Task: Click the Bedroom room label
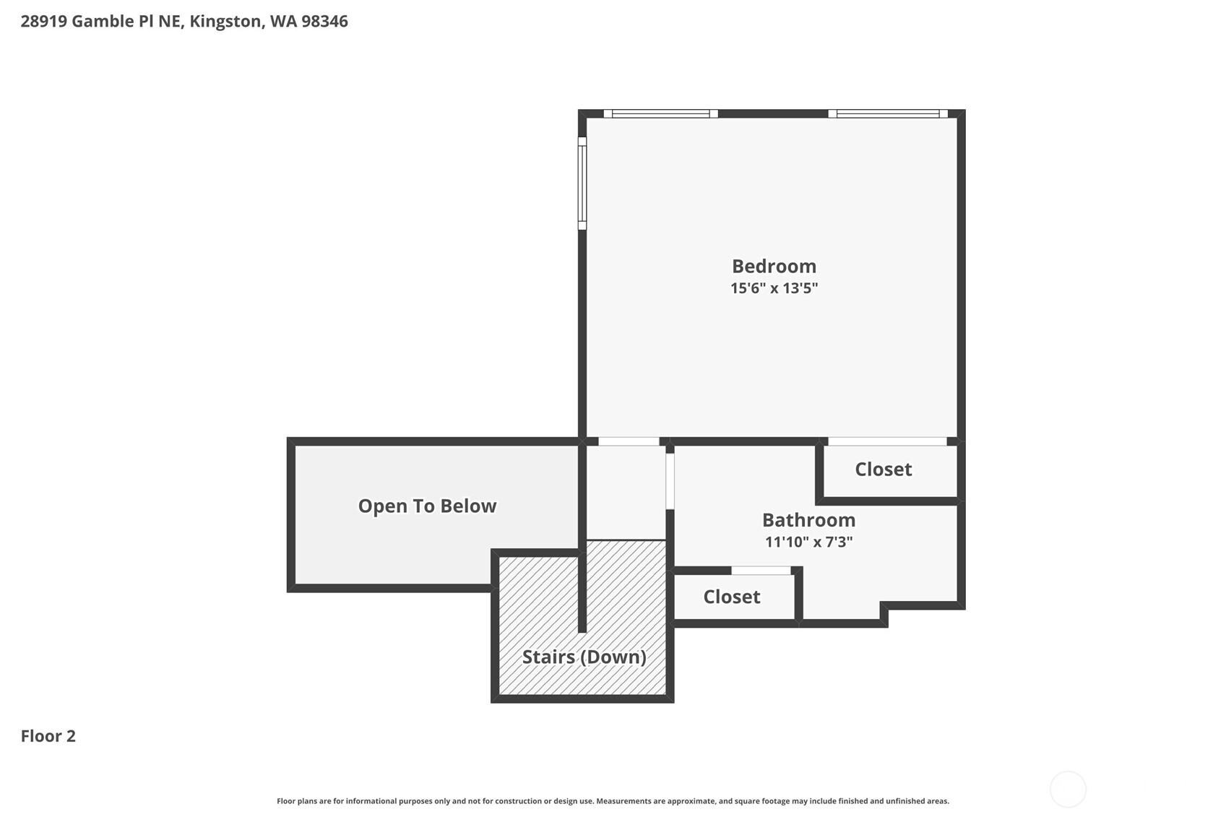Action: tap(774, 267)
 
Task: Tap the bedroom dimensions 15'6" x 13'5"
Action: tap(774, 288)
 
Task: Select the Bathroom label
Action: tap(808, 520)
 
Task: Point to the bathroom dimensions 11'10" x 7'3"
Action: tap(808, 542)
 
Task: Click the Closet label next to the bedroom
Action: tap(884, 470)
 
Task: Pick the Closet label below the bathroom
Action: tap(732, 597)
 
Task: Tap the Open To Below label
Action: tap(427, 506)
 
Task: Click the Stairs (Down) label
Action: tap(584, 657)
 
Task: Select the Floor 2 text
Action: tap(48, 736)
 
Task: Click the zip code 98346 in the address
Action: tap(324, 22)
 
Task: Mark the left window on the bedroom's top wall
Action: tap(660, 114)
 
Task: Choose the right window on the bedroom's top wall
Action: tap(888, 114)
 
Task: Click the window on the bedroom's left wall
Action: tap(582, 183)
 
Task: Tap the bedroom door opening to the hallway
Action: tap(629, 441)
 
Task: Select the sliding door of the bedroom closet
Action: tap(887, 441)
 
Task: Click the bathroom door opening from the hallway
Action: tap(670, 482)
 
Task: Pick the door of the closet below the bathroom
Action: tap(761, 571)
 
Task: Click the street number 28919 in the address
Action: tap(44, 22)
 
